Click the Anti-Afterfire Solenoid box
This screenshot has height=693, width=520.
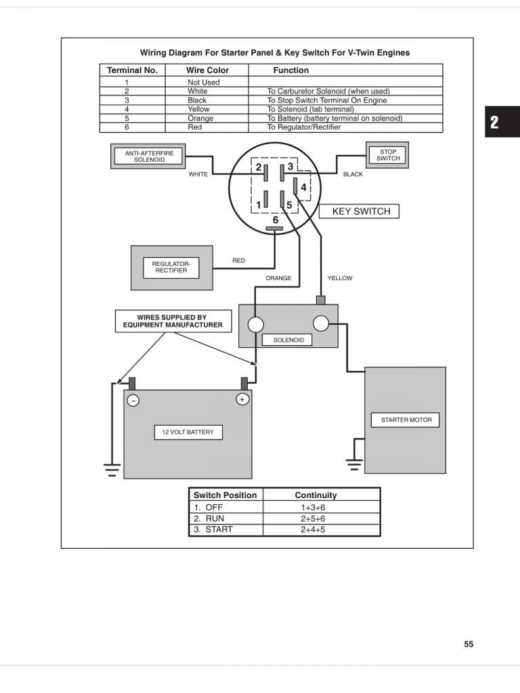(149, 156)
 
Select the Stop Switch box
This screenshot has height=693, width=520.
(388, 155)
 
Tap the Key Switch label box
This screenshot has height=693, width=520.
(361, 211)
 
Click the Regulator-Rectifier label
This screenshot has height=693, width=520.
(171, 267)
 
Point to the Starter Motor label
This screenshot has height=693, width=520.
(406, 420)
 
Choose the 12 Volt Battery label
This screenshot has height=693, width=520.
(188, 432)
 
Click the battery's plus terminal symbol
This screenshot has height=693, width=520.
(242, 399)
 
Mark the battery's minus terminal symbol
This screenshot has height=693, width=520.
(133, 400)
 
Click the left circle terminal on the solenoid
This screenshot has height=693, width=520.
(255, 324)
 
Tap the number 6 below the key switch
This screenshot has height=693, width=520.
(276, 220)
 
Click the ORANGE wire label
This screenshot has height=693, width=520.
(278, 278)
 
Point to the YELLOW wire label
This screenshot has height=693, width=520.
(340, 278)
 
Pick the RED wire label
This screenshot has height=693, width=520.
(238, 260)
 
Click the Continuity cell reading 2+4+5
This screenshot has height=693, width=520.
(313, 529)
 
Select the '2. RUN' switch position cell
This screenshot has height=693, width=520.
(209, 518)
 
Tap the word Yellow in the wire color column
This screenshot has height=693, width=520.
(198, 109)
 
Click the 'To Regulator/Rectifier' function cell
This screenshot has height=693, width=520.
(304, 127)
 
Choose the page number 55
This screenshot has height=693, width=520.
(469, 644)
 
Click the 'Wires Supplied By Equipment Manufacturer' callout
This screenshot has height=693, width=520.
(173, 321)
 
